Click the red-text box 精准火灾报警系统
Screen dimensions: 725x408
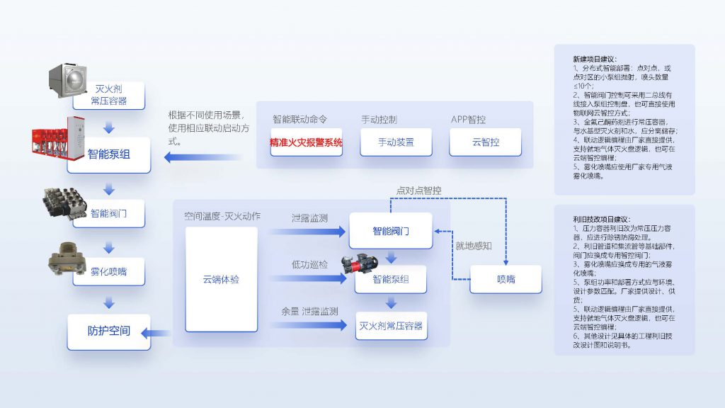[306, 142]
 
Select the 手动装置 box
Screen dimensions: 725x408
[395, 142]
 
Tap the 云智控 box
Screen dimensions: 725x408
[485, 142]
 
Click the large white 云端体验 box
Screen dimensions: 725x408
[221, 280]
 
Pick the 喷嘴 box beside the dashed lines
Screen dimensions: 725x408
[506, 279]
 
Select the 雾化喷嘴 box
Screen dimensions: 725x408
[108, 271]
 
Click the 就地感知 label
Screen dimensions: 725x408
[473, 246]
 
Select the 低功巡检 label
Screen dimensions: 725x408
[309, 264]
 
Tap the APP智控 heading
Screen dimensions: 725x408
[468, 120]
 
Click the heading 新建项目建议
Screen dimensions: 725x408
[594, 59]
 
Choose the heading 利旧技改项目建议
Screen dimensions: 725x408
[601, 220]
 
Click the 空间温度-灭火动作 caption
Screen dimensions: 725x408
[222, 216]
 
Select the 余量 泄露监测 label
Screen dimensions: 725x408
[309, 311]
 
